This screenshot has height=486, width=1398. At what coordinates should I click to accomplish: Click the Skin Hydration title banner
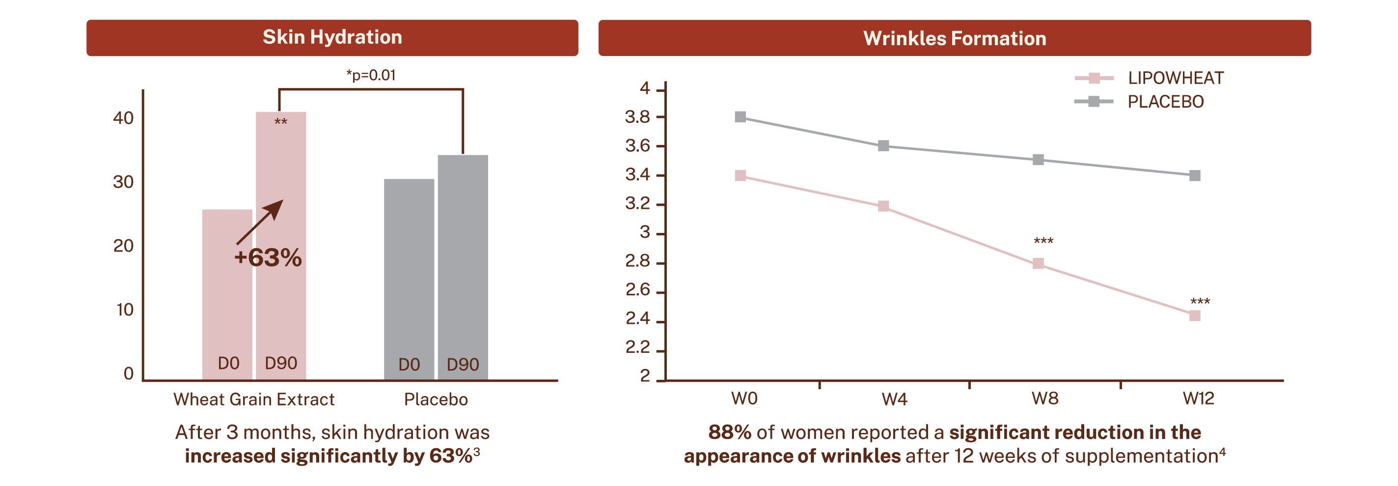[x=332, y=37]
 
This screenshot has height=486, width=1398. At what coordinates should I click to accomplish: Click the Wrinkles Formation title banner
[x=954, y=38]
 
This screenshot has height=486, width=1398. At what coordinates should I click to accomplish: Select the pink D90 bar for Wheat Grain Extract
[x=281, y=304]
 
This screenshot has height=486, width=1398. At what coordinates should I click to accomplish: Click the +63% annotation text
[x=268, y=258]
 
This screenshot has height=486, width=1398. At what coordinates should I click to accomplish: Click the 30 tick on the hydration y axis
[x=123, y=182]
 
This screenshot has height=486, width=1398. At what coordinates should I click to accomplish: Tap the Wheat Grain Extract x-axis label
[x=253, y=400]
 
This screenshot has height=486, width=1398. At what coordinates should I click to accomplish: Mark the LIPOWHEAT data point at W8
[x=1038, y=264]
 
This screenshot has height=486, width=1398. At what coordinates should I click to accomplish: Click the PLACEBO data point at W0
[x=740, y=117]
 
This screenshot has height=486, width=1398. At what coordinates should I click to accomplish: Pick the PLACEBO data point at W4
[x=883, y=145]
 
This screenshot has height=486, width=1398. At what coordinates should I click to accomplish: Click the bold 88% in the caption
[x=729, y=432]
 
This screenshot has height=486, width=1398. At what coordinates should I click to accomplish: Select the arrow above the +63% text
[x=260, y=222]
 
